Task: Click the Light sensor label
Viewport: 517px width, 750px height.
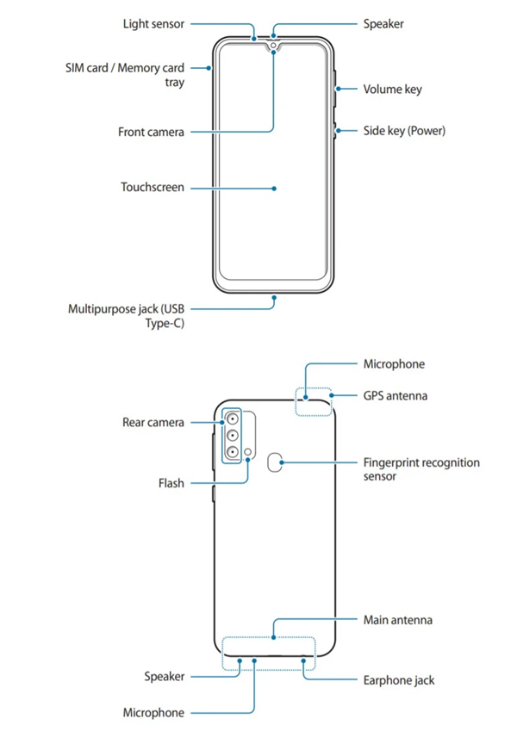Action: click(153, 24)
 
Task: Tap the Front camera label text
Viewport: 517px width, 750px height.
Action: click(151, 133)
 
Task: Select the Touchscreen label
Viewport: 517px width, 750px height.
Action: click(152, 186)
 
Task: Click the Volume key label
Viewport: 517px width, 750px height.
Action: click(392, 89)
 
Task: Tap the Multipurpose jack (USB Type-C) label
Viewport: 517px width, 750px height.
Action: click(126, 316)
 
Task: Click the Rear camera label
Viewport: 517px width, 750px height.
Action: click(153, 423)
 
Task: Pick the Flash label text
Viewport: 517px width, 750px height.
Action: click(171, 484)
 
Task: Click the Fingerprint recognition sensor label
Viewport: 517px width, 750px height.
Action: click(420, 469)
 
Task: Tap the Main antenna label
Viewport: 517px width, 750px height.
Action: click(397, 620)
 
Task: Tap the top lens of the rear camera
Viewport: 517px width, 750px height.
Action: click(233, 419)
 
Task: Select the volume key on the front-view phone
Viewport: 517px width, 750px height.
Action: click(333, 88)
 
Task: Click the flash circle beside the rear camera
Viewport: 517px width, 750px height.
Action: click(249, 451)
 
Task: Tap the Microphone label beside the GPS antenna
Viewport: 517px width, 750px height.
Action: click(394, 364)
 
